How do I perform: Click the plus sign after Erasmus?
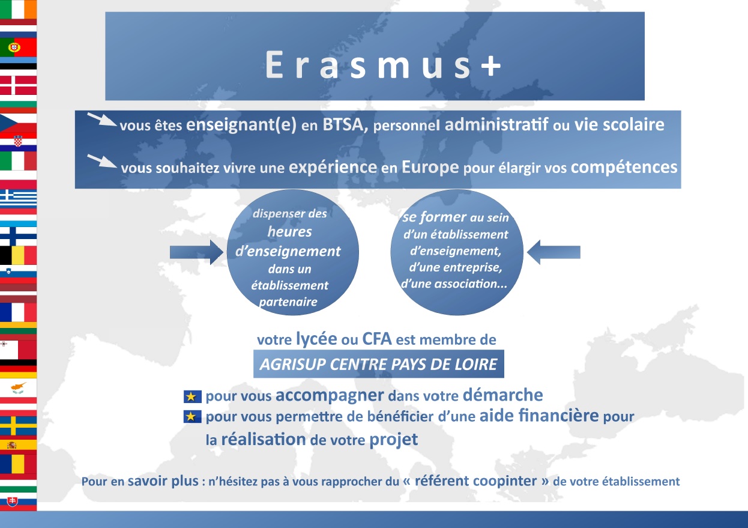(x=490, y=65)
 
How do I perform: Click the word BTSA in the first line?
(x=343, y=125)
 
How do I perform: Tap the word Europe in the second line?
(x=430, y=168)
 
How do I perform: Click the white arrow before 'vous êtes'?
(x=102, y=120)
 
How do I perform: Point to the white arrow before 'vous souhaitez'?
(x=102, y=161)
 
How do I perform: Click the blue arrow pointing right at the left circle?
(x=196, y=252)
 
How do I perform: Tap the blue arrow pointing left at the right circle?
(x=553, y=252)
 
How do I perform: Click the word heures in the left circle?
(x=289, y=232)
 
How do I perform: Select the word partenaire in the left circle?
(x=288, y=302)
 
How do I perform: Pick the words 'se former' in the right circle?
(x=434, y=217)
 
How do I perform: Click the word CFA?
(x=376, y=339)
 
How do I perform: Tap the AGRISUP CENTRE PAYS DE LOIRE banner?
(x=379, y=364)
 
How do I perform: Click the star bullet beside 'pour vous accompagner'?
(x=192, y=396)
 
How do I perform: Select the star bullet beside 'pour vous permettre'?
(x=192, y=416)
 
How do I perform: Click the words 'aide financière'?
(x=539, y=416)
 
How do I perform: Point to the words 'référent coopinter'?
(x=475, y=481)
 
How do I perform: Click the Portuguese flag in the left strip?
(x=19, y=47)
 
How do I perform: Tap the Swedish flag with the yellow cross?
(x=19, y=425)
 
